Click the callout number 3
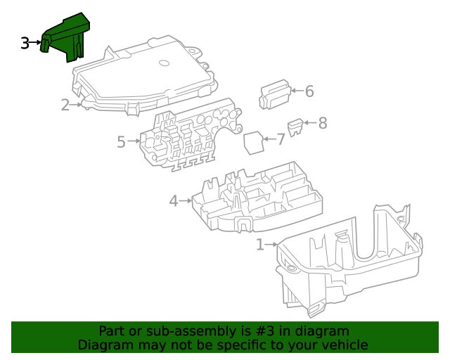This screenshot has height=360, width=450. pos(25,44)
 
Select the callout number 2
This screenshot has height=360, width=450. pos(65,105)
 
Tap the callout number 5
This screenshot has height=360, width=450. pos(121,143)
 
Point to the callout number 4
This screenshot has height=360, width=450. pos(174,201)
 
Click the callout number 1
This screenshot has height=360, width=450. pos(260,245)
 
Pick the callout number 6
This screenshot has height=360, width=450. pos(309,91)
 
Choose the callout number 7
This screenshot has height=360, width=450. pos(281,139)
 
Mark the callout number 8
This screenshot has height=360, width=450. pos(323,124)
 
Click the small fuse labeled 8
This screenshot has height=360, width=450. pos(297,127)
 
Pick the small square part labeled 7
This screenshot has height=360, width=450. pos(253,142)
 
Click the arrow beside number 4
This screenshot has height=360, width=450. pos(186,201)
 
